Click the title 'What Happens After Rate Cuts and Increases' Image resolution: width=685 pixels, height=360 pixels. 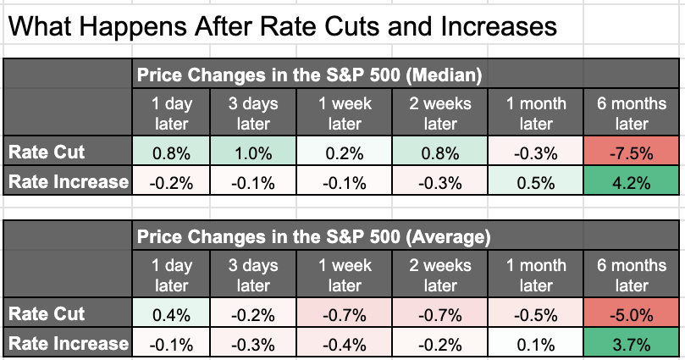click(282, 26)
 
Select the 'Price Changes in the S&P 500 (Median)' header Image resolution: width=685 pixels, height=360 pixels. click(310, 75)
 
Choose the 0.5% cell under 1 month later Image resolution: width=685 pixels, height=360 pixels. click(535, 181)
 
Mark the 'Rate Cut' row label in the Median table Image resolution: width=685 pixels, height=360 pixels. click(48, 153)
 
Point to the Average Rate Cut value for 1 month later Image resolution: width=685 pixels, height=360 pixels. click(535, 314)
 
